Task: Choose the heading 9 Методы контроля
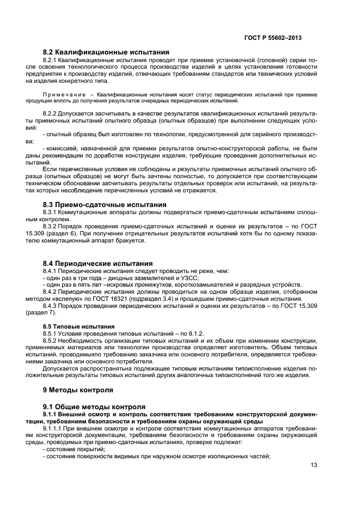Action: click(x=78, y=390)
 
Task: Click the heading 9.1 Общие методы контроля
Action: click(x=94, y=406)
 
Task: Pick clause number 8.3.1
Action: click(x=51, y=212)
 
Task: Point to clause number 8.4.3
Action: click(x=51, y=306)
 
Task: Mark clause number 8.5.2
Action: click(x=51, y=341)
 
